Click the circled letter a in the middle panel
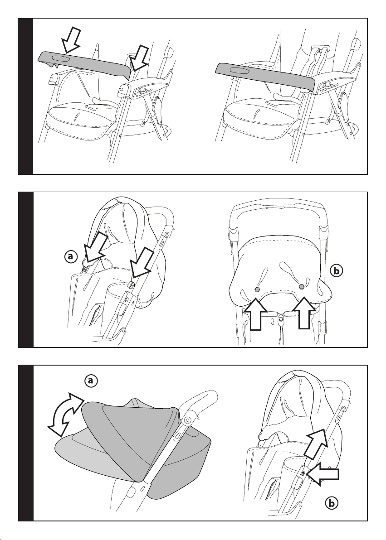pyautogui.click(x=70, y=256)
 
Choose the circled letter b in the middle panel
pyautogui.click(x=337, y=271)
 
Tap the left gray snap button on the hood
pyautogui.click(x=257, y=289)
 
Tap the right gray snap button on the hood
pyautogui.click(x=302, y=286)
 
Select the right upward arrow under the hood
pyautogui.click(x=303, y=312)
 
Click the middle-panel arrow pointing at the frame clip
pyautogui.click(x=142, y=263)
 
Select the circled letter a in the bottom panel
pyautogui.click(x=91, y=381)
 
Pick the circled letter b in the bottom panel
pyautogui.click(x=332, y=504)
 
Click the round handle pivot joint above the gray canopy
pyautogui.click(x=188, y=420)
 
